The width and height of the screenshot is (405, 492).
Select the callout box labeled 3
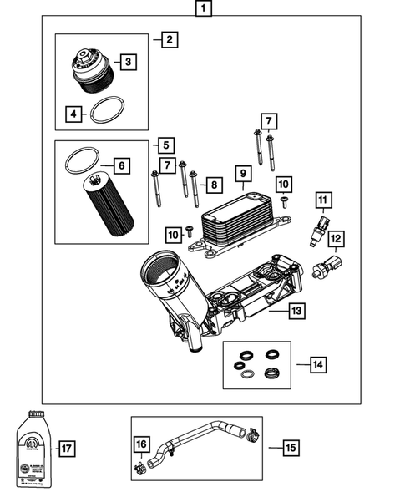pos(128,62)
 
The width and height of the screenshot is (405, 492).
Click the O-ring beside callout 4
pos(106,109)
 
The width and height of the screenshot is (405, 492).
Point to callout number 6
pos(122,166)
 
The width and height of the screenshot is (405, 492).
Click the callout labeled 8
pos(215,184)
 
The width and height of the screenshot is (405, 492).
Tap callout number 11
pos(322,200)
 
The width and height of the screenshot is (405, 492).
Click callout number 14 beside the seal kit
pos(317,364)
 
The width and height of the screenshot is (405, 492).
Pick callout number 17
pos(68,449)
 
